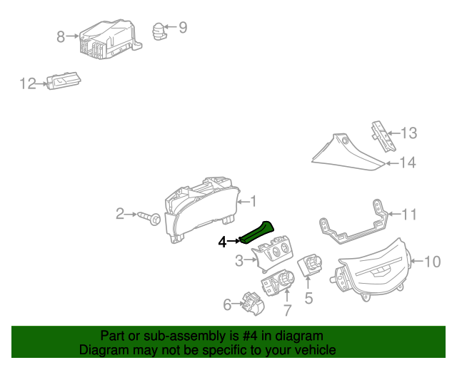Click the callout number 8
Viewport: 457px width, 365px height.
(61, 36)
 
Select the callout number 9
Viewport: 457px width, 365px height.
(183, 28)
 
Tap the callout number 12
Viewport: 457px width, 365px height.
(27, 84)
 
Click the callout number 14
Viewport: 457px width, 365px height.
(406, 163)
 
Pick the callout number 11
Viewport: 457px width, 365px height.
(408, 214)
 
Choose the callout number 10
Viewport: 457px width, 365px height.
(433, 262)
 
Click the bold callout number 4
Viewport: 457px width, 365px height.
(222, 242)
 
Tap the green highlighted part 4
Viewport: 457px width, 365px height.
(256, 233)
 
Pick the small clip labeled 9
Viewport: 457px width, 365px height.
(159, 31)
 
